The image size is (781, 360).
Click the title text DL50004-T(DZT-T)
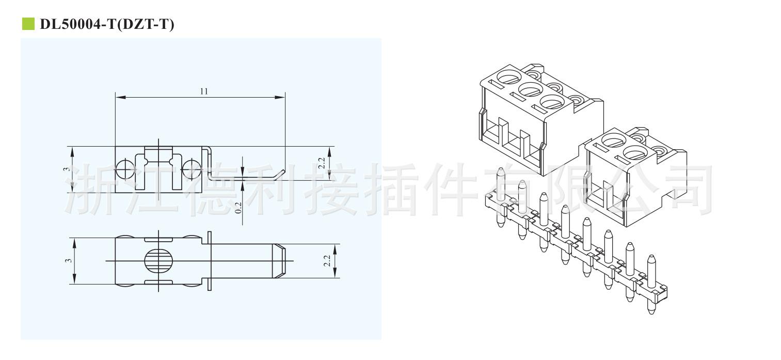pos(107,24)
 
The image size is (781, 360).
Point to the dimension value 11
pos(204,91)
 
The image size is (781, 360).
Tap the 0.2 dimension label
pos(238,207)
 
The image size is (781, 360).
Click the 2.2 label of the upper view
pos(322,163)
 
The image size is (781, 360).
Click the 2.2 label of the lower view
pos(326,261)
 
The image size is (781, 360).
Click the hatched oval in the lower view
pos(156,261)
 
